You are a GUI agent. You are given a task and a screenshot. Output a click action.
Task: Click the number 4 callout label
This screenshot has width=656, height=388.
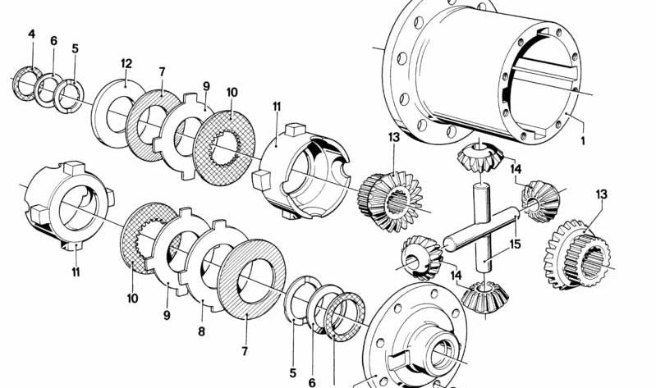[x=31, y=34]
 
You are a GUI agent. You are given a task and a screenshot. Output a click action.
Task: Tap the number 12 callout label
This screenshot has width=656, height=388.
[x=126, y=63]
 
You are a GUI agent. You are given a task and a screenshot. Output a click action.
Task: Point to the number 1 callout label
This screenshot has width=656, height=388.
[x=583, y=140]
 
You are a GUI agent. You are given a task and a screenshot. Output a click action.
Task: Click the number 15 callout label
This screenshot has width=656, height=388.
[x=515, y=244]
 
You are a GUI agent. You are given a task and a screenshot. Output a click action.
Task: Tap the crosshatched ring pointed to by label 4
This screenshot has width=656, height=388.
[x=26, y=85]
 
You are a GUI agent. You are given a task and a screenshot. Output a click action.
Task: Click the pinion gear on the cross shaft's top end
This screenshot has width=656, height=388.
[x=479, y=156]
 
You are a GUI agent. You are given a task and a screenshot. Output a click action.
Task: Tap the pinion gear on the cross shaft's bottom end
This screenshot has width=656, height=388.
[x=483, y=294]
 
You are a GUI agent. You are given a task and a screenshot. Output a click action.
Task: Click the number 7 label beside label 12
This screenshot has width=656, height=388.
[x=163, y=71]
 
